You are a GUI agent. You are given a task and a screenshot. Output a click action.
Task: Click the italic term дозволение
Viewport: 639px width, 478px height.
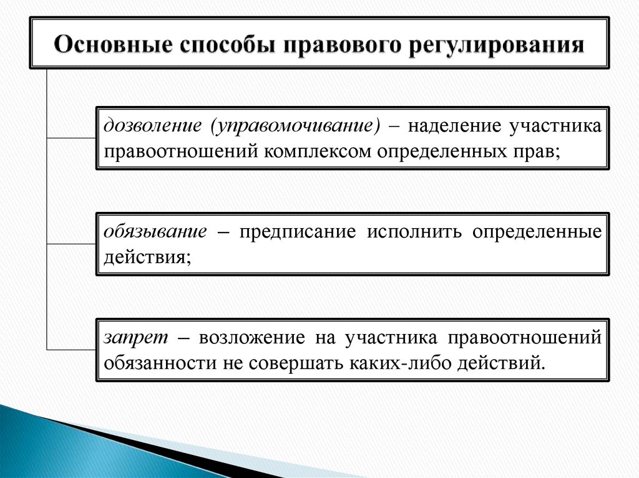pos(152,126)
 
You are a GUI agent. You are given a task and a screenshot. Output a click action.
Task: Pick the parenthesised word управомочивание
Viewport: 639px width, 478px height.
pos(296,126)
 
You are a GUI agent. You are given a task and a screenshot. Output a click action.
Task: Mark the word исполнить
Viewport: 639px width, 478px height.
pos(414,232)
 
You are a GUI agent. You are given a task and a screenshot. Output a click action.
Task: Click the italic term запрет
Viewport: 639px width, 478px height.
pos(136,337)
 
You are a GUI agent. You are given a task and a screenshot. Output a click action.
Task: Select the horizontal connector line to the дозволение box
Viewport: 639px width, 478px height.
pos(72,137)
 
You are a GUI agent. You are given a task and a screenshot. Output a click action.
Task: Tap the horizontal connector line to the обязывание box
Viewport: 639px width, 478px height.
pos(72,243)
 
